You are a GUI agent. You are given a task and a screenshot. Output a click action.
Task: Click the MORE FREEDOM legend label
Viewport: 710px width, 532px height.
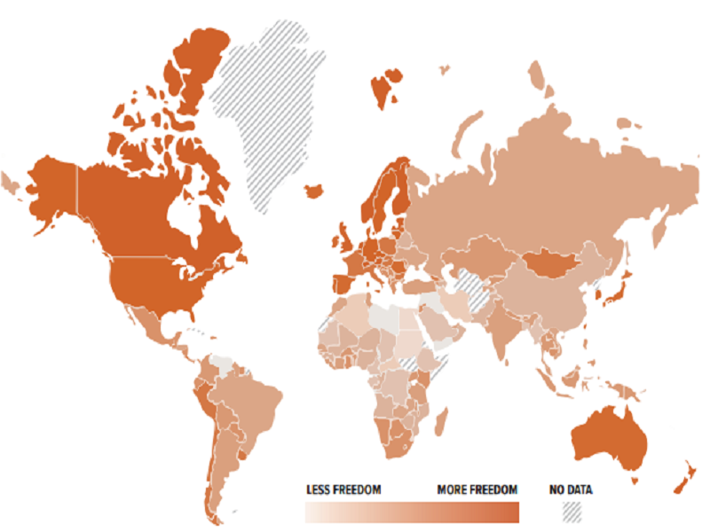coord(477,489)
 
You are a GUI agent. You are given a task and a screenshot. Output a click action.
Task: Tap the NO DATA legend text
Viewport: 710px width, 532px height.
coord(571,489)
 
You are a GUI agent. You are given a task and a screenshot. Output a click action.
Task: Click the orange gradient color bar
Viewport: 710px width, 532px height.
coord(411,513)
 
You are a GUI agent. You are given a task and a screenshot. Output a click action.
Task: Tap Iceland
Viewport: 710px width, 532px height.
coord(312,191)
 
